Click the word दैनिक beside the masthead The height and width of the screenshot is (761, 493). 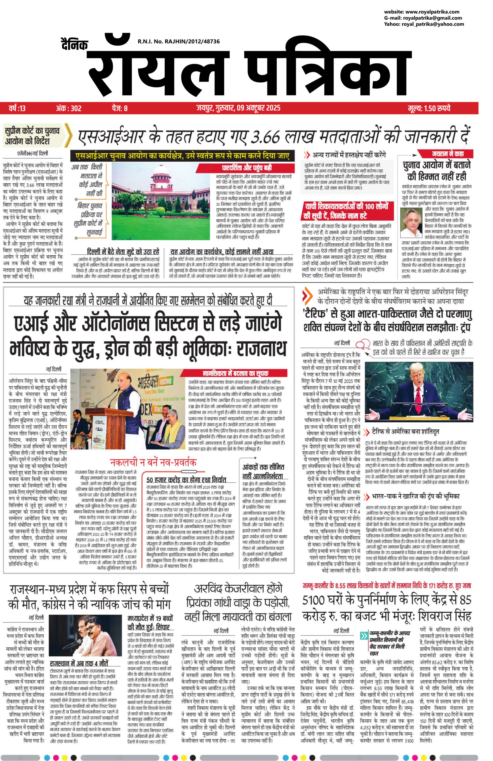[75, 45]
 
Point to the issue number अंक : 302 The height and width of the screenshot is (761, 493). [68, 109]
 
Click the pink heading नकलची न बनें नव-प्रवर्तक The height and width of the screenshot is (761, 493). [153, 462]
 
